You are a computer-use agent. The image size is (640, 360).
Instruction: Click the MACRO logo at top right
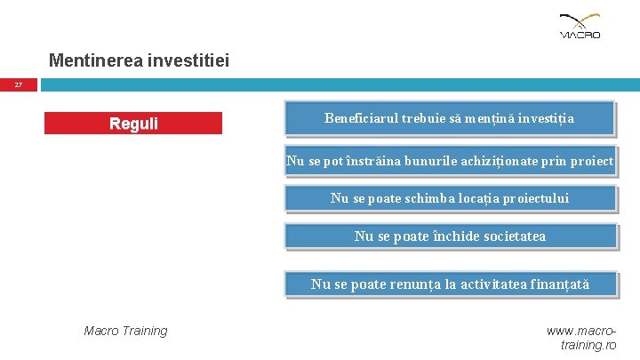click(580, 26)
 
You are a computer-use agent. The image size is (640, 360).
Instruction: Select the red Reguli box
click(133, 124)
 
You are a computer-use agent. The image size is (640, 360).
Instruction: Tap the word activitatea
click(490, 284)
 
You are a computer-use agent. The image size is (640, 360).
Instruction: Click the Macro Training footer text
click(125, 331)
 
